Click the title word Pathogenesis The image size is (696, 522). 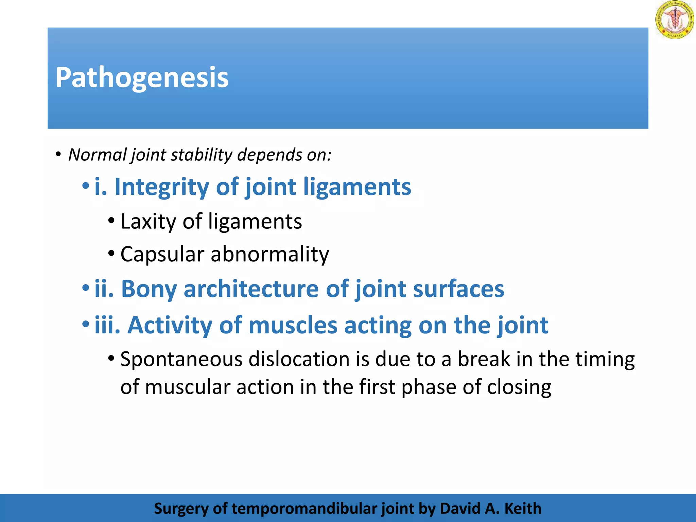click(x=142, y=78)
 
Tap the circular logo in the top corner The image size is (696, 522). click(x=675, y=19)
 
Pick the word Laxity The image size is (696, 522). click(x=148, y=221)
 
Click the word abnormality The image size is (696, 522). click(x=270, y=254)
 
